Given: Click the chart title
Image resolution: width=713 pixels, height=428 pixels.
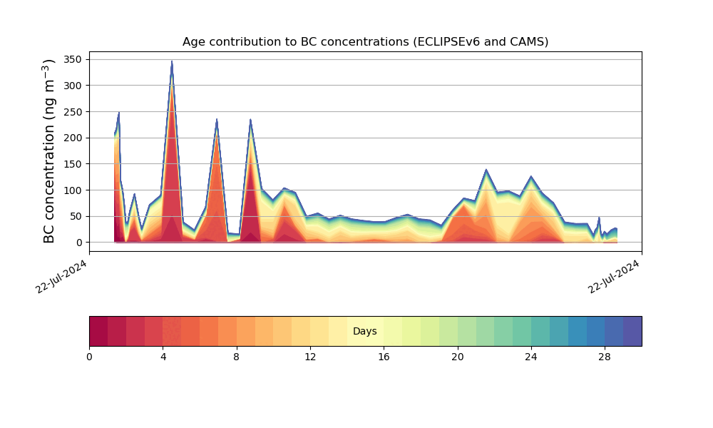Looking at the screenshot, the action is tap(365, 42).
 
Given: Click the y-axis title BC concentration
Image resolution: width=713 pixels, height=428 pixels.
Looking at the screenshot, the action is tap(48, 151).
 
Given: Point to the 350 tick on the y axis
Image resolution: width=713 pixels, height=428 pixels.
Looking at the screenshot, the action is tap(73, 60).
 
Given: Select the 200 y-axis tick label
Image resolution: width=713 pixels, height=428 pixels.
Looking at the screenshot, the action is tap(73, 138).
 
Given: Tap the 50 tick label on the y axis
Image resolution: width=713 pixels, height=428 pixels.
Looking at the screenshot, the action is tap(76, 217).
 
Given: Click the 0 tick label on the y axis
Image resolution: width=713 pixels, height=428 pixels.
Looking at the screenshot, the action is tap(80, 243).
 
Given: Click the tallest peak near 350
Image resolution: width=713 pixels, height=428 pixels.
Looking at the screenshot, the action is tap(172, 61).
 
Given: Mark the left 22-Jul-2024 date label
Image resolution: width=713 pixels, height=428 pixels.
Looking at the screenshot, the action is tap(61, 277).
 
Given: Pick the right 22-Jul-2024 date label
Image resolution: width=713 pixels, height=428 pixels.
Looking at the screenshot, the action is tap(614, 277).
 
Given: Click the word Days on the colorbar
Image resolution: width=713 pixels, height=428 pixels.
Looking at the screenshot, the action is tap(364, 331).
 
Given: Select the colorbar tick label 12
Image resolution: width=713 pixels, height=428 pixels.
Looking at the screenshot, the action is tap(310, 357).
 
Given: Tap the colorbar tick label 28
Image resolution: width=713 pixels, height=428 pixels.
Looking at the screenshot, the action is tap(605, 357).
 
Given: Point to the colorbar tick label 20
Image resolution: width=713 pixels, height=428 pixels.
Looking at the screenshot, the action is tap(458, 357).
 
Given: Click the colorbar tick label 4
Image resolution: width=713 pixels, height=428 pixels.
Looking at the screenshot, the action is tap(163, 357).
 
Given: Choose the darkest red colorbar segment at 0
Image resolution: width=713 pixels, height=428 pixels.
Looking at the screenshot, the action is tap(98, 331).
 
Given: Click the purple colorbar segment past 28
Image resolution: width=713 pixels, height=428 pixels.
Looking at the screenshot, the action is tap(632, 331).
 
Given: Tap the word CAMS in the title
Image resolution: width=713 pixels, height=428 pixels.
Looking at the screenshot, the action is tap(532, 42).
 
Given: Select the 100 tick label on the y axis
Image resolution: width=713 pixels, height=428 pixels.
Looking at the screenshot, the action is tap(73, 190).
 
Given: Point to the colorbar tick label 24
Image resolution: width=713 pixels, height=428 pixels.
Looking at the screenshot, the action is tap(530, 357).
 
